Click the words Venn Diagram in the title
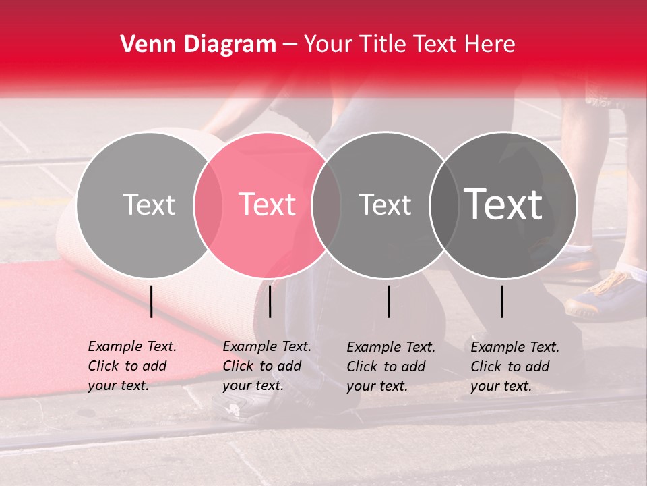pyautogui.click(x=197, y=45)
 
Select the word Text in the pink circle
pyautogui.click(x=268, y=205)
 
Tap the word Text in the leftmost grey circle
pyautogui.click(x=149, y=205)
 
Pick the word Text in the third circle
pyautogui.click(x=385, y=205)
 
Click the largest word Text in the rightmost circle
pyautogui.click(x=503, y=205)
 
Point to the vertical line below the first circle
pyautogui.click(x=151, y=301)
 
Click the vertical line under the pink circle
pyautogui.click(x=270, y=301)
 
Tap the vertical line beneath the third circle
pyautogui.click(x=388, y=301)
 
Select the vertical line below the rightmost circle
pyautogui.click(x=501, y=301)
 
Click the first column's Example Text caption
pyautogui.click(x=132, y=366)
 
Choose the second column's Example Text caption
pyautogui.click(x=267, y=366)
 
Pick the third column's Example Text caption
pyautogui.click(x=391, y=367)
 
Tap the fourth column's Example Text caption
pyautogui.click(x=515, y=367)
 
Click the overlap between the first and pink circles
pyautogui.click(x=208, y=205)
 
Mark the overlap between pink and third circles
pyautogui.click(x=326, y=205)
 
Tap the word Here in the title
pyautogui.click(x=491, y=45)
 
